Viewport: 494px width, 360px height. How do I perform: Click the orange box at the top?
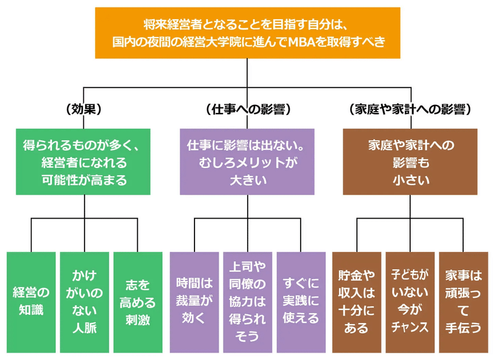(x=248, y=33)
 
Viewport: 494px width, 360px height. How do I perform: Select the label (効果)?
(x=84, y=109)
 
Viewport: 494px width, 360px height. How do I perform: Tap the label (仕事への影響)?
(x=248, y=109)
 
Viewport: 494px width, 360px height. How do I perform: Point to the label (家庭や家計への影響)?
(x=410, y=109)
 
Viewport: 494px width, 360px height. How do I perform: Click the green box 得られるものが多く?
(x=83, y=162)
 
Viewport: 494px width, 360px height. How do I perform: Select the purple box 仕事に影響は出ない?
(x=247, y=162)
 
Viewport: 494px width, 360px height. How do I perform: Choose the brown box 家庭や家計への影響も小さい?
(x=410, y=162)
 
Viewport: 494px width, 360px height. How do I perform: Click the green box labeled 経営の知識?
(x=31, y=302)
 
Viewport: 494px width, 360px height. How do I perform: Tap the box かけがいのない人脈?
(x=85, y=302)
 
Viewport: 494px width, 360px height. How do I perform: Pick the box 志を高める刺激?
(x=138, y=302)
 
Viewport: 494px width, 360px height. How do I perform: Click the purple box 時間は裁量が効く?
(x=195, y=302)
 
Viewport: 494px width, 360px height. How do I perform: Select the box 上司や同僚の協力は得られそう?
(x=248, y=302)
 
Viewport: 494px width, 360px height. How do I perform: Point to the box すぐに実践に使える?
(x=301, y=302)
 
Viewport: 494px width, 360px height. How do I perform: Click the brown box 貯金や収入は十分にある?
(x=357, y=302)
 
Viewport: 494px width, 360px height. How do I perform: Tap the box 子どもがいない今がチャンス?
(x=410, y=302)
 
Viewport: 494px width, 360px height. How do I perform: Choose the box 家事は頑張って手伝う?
(x=464, y=302)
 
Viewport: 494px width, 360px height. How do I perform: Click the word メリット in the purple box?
(x=257, y=162)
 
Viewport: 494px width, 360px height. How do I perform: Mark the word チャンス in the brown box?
(x=410, y=327)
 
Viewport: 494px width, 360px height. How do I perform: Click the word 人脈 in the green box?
(x=85, y=328)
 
